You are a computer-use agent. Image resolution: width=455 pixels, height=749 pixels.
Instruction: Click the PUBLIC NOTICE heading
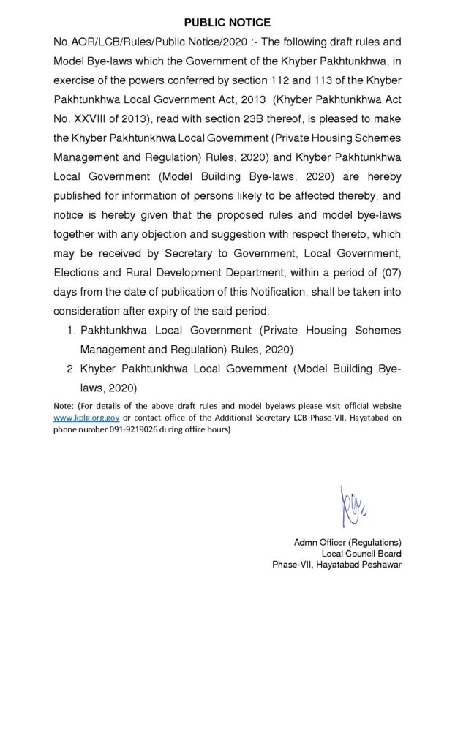pos(227,23)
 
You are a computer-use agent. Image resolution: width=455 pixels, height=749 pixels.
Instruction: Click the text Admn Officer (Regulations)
pos(347,542)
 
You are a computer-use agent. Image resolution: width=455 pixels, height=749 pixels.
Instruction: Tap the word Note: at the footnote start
pos(64,405)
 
